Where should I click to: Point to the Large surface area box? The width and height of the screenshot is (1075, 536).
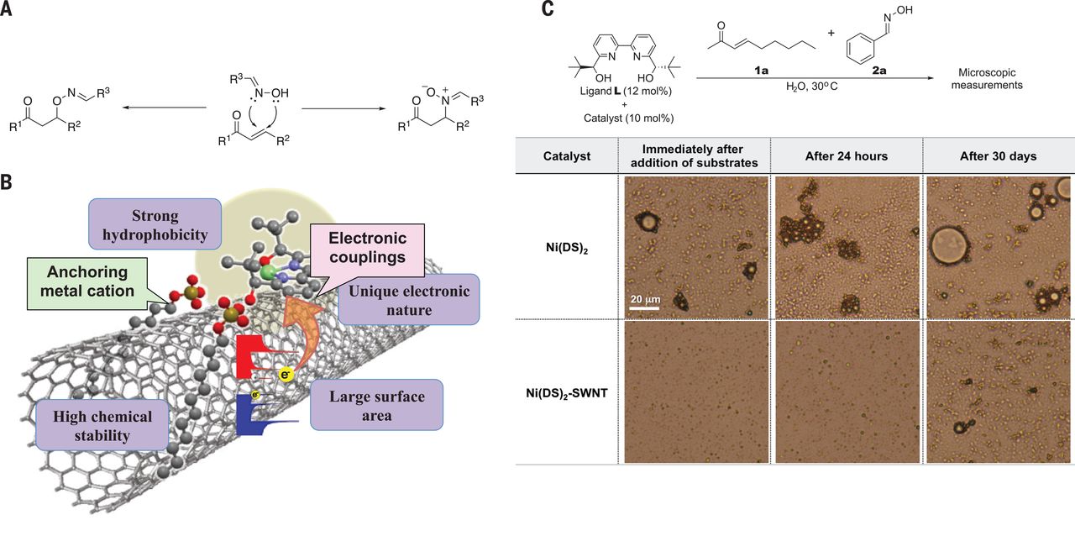point(376,406)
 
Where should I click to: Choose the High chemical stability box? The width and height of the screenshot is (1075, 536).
point(102,426)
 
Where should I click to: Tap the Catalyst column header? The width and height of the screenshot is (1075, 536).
point(565,156)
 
